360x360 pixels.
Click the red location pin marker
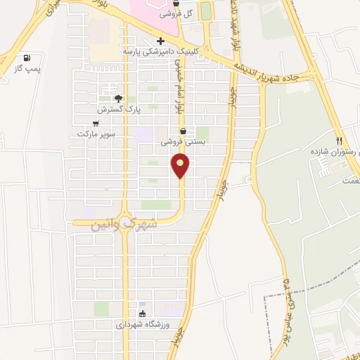[x=181, y=166]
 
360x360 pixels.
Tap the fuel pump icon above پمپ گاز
[x=27, y=58]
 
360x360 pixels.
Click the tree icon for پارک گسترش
[x=118, y=98]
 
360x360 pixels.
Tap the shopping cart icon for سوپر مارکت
[x=96, y=123]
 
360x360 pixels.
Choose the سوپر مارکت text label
[x=96, y=134]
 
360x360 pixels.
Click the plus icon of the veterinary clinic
[x=161, y=41]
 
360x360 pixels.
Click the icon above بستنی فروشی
[x=184, y=131]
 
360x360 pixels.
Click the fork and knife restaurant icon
[x=339, y=140]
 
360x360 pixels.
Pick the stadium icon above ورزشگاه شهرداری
[x=143, y=314]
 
